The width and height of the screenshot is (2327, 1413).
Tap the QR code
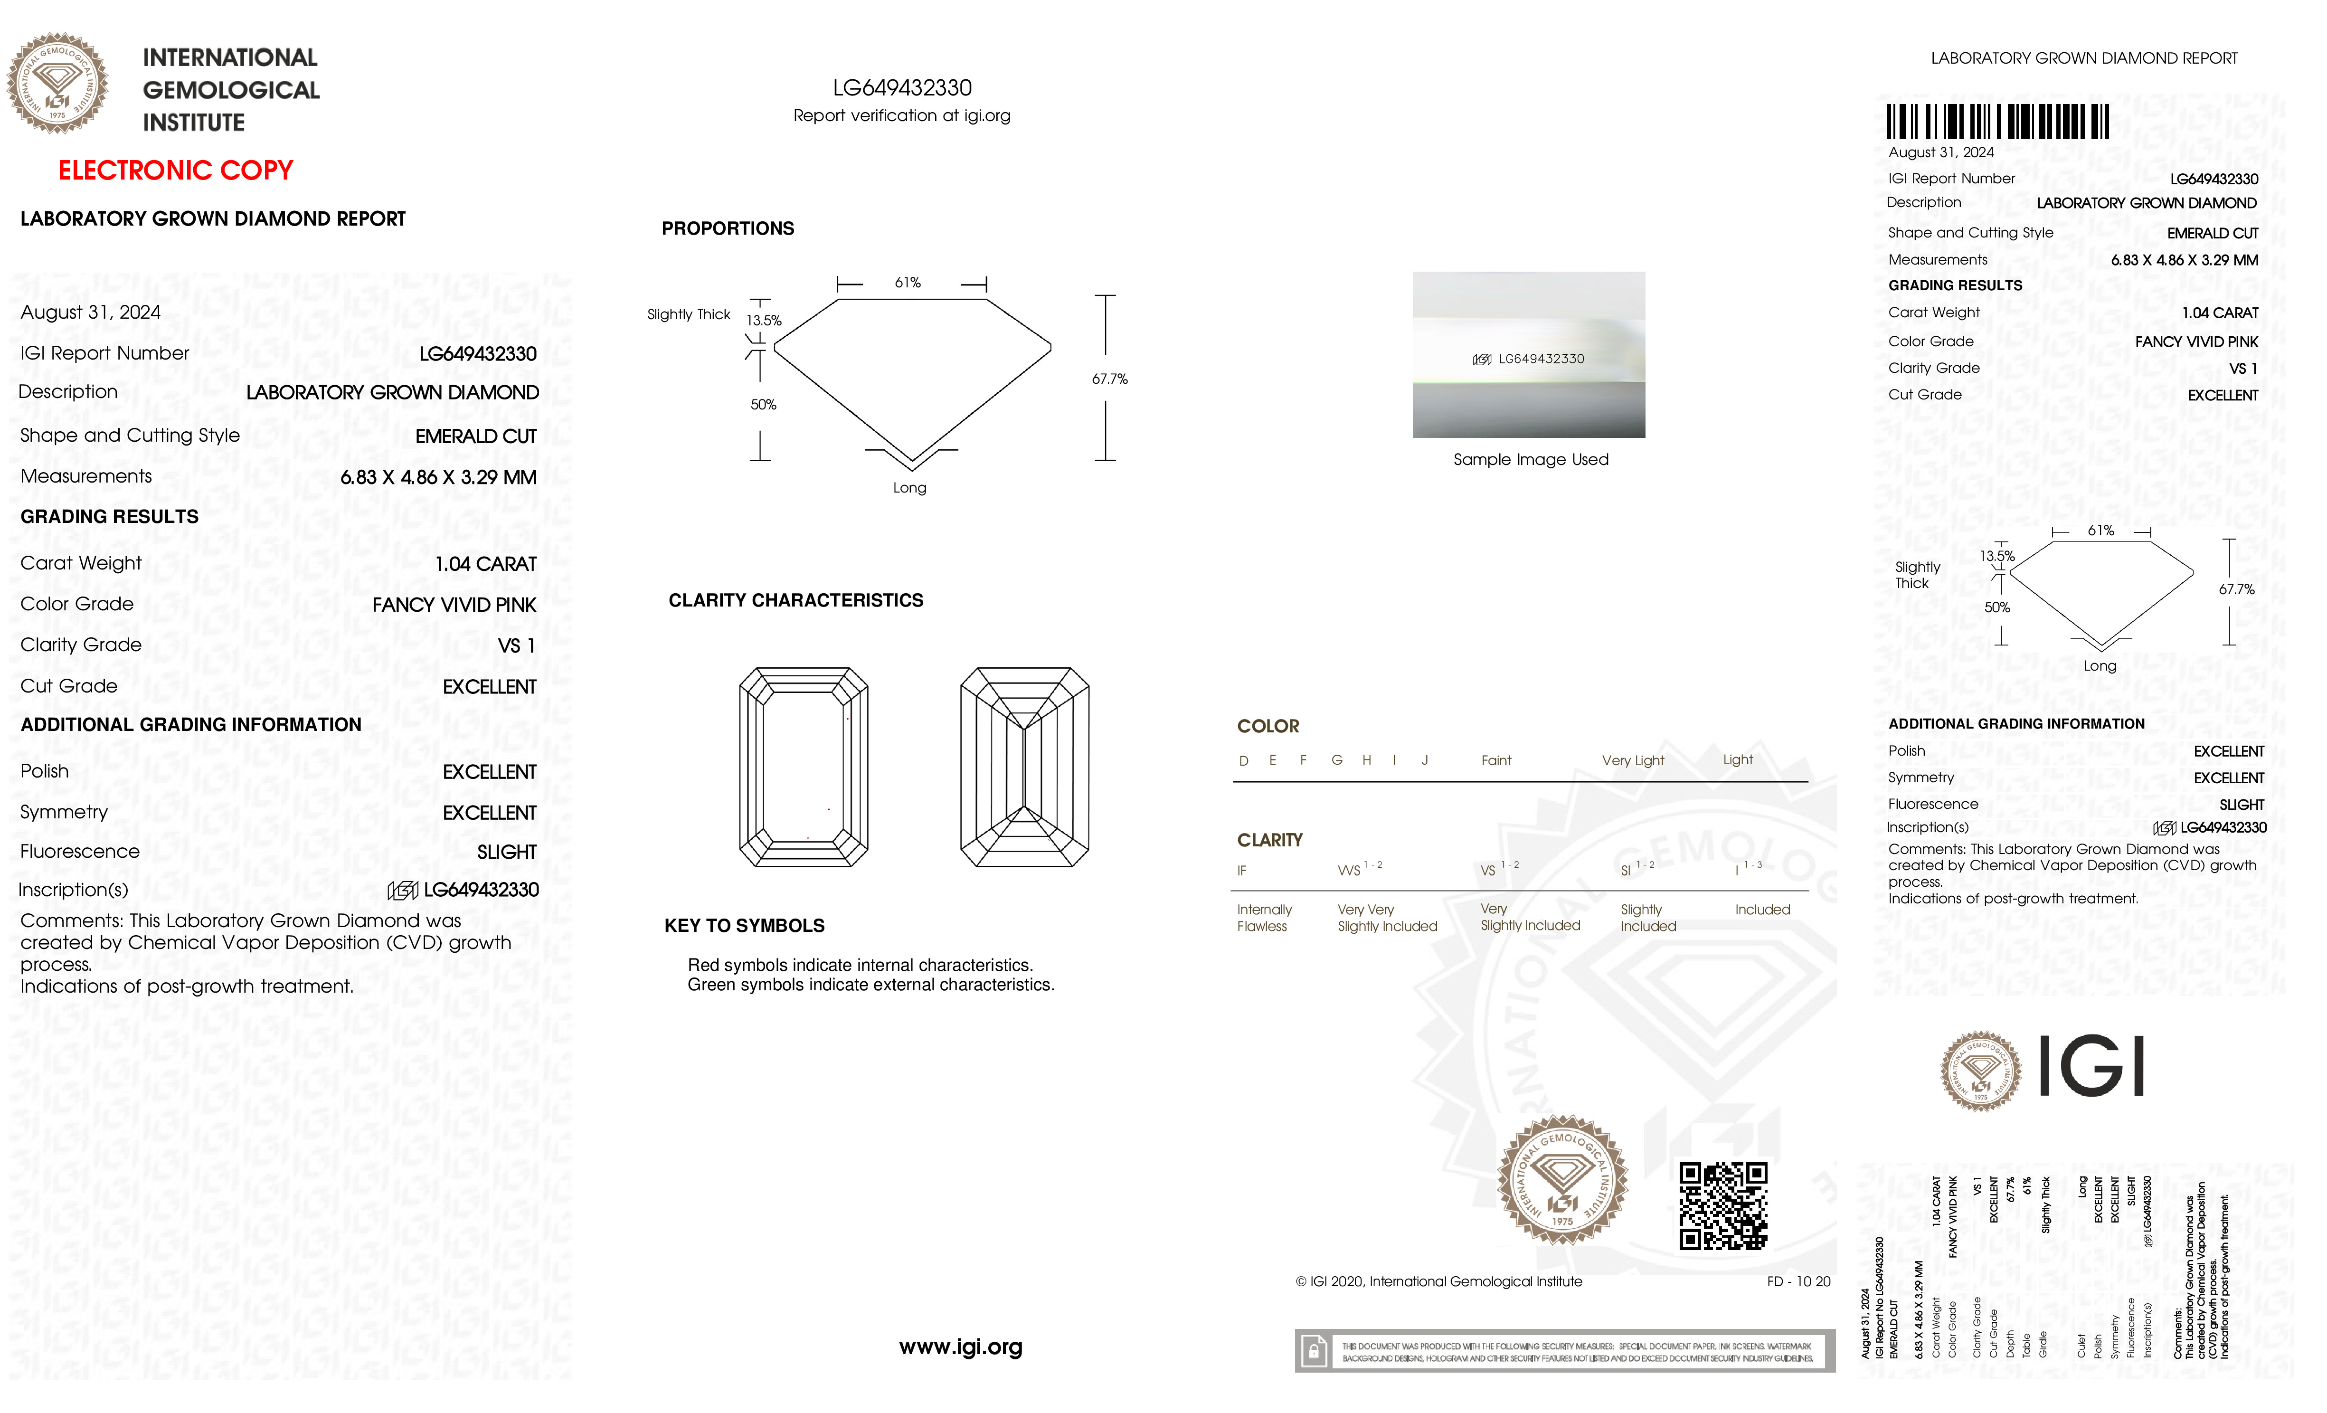point(1722,1206)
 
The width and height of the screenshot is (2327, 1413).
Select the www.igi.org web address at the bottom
point(960,1347)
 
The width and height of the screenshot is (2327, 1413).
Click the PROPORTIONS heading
point(727,228)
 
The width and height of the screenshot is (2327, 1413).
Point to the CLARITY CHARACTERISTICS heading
point(795,601)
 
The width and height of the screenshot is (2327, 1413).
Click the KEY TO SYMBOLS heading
point(744,926)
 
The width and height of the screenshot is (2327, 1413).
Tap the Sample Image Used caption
point(1530,460)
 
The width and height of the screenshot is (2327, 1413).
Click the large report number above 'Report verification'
point(902,88)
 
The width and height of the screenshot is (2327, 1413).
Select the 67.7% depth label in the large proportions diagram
point(1110,379)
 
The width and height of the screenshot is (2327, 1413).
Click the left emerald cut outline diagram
point(804,767)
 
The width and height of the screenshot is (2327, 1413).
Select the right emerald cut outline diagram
point(1025,767)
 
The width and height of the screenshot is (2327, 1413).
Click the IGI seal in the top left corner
point(57,83)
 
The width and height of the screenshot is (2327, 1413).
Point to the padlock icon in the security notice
point(1313,1352)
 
